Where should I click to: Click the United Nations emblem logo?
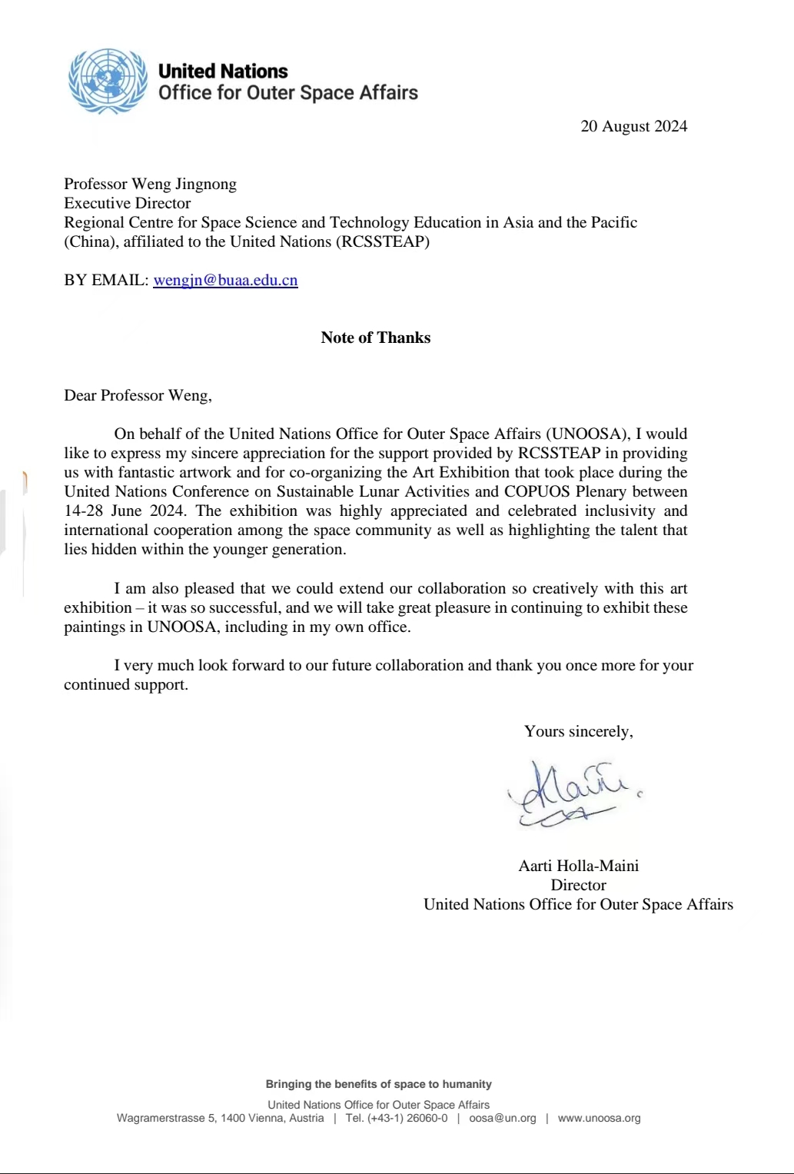pos(108,81)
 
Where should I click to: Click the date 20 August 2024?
pos(633,126)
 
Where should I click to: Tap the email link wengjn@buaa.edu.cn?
pos(225,280)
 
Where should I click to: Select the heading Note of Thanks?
pos(375,338)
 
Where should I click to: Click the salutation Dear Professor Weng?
pos(138,395)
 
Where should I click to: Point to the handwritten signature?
pos(569,793)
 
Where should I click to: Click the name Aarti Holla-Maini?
pos(578,866)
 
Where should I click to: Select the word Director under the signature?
pos(578,885)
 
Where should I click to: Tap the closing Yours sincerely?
pos(578,731)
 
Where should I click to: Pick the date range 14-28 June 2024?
pos(125,511)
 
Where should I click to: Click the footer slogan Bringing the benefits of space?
pos(378,1084)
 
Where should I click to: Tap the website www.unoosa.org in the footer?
pos(599,1118)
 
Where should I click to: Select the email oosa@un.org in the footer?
pos(502,1118)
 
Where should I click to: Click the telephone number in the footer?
pos(396,1118)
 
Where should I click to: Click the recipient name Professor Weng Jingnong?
pos(150,184)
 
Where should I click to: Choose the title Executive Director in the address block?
pos(127,203)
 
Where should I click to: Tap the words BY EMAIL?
pos(105,280)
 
